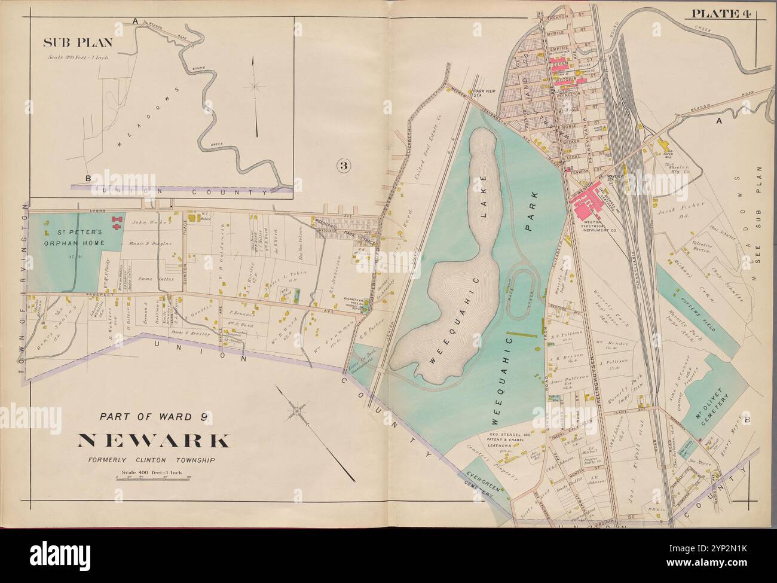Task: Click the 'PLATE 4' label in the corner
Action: [x=721, y=14]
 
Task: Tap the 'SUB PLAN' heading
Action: [x=69, y=44]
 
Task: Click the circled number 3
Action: [x=342, y=166]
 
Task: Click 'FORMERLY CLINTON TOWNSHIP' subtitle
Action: [x=153, y=460]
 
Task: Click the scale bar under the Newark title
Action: [x=153, y=477]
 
